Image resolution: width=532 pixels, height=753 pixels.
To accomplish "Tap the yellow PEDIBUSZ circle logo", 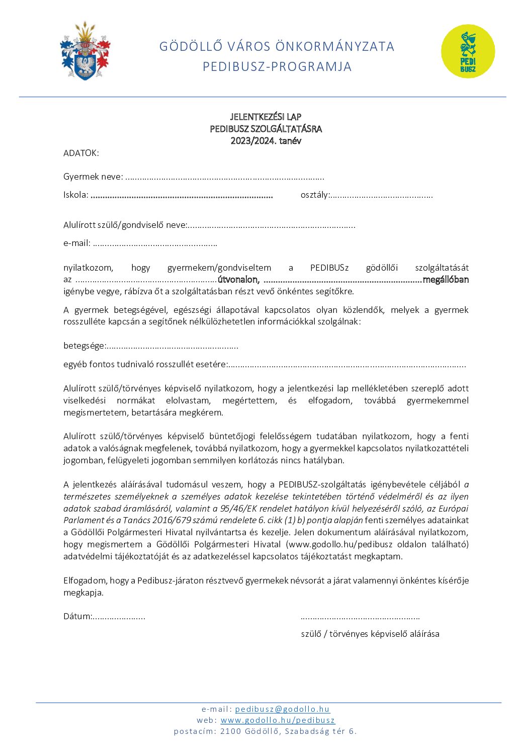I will [x=468, y=51].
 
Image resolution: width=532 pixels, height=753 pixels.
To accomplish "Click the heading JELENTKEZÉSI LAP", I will [x=265, y=117].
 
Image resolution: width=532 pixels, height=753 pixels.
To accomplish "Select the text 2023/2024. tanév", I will [x=265, y=141].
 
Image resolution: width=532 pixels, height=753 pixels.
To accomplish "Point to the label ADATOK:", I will [x=81, y=153].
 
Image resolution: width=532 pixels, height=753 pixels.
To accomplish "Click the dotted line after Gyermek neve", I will [x=224, y=178].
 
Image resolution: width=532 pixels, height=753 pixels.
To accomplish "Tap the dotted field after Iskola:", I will [x=182, y=196].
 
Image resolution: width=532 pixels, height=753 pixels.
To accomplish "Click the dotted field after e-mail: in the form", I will [x=155, y=244].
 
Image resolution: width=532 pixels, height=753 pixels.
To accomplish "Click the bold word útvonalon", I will [x=238, y=280].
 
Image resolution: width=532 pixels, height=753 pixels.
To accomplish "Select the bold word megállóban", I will [x=446, y=280].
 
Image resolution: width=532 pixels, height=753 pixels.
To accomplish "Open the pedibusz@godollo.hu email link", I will [x=282, y=709].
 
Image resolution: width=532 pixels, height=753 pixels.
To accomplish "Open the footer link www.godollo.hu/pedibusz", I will [x=278, y=720].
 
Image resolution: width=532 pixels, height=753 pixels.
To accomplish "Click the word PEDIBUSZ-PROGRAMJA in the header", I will [x=277, y=66].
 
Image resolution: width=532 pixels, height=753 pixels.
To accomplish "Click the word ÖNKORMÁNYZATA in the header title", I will [x=335, y=46].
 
